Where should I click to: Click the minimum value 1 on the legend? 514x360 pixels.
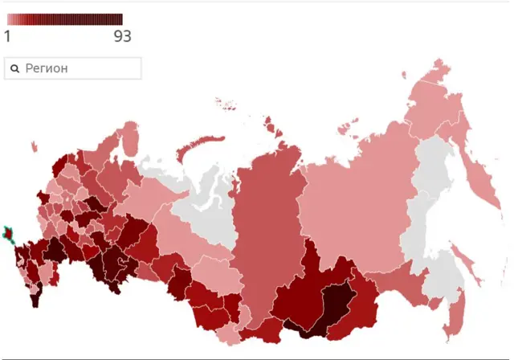click(x=8, y=36)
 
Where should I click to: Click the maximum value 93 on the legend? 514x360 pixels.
click(x=122, y=36)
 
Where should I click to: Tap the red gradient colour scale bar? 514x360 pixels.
click(x=64, y=19)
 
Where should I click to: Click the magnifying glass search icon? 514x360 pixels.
click(x=14, y=69)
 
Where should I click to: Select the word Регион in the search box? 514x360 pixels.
click(x=47, y=68)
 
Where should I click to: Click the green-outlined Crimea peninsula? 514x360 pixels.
click(x=10, y=235)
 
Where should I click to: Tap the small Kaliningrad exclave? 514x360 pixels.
click(x=35, y=146)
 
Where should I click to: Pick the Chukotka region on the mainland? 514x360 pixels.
click(x=438, y=104)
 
